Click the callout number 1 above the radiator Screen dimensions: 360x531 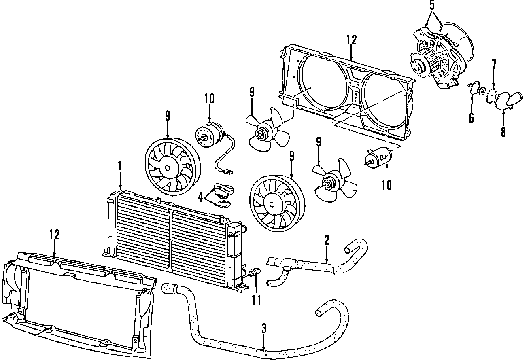point(120,166)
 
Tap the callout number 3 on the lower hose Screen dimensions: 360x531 point(264,328)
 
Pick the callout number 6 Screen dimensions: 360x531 point(472,118)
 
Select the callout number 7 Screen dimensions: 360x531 point(494,65)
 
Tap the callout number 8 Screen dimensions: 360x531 point(503,132)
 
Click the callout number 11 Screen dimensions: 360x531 point(256,300)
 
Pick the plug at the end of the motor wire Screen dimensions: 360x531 point(224,172)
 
